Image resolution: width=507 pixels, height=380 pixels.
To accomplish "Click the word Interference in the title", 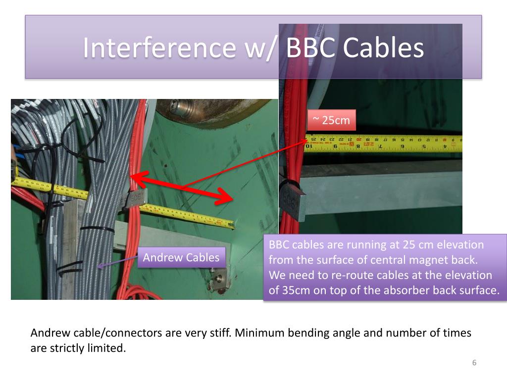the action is (160, 48).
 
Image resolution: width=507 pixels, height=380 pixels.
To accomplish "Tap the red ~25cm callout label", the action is (331, 120).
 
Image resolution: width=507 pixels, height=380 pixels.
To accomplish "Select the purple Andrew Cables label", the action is (181, 257).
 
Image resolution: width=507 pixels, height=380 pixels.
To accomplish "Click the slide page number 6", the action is (474, 363).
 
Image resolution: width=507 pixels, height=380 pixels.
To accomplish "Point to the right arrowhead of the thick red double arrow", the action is (225, 197).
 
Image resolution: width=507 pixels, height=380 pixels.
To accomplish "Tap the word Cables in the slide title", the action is (383, 48).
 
